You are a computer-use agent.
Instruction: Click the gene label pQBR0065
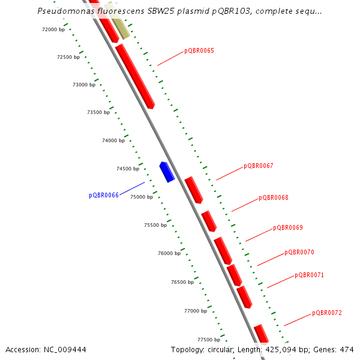(x=199, y=50)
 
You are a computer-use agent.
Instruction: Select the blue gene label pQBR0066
(x=104, y=195)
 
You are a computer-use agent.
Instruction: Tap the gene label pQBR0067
(x=259, y=166)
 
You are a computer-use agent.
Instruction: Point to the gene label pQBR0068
(x=274, y=197)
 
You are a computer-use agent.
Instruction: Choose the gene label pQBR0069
(x=288, y=227)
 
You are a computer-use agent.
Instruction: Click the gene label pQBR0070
(x=299, y=252)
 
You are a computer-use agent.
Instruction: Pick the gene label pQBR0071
(x=310, y=275)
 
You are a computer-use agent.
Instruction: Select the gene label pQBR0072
(x=327, y=313)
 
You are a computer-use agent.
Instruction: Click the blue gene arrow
(x=167, y=172)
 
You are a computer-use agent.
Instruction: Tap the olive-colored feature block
(x=116, y=21)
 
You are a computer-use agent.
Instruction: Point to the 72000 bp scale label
(x=53, y=29)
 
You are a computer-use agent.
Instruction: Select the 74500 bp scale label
(x=128, y=169)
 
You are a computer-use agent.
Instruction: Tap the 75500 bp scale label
(x=155, y=225)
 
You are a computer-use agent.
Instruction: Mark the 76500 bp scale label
(x=182, y=281)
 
